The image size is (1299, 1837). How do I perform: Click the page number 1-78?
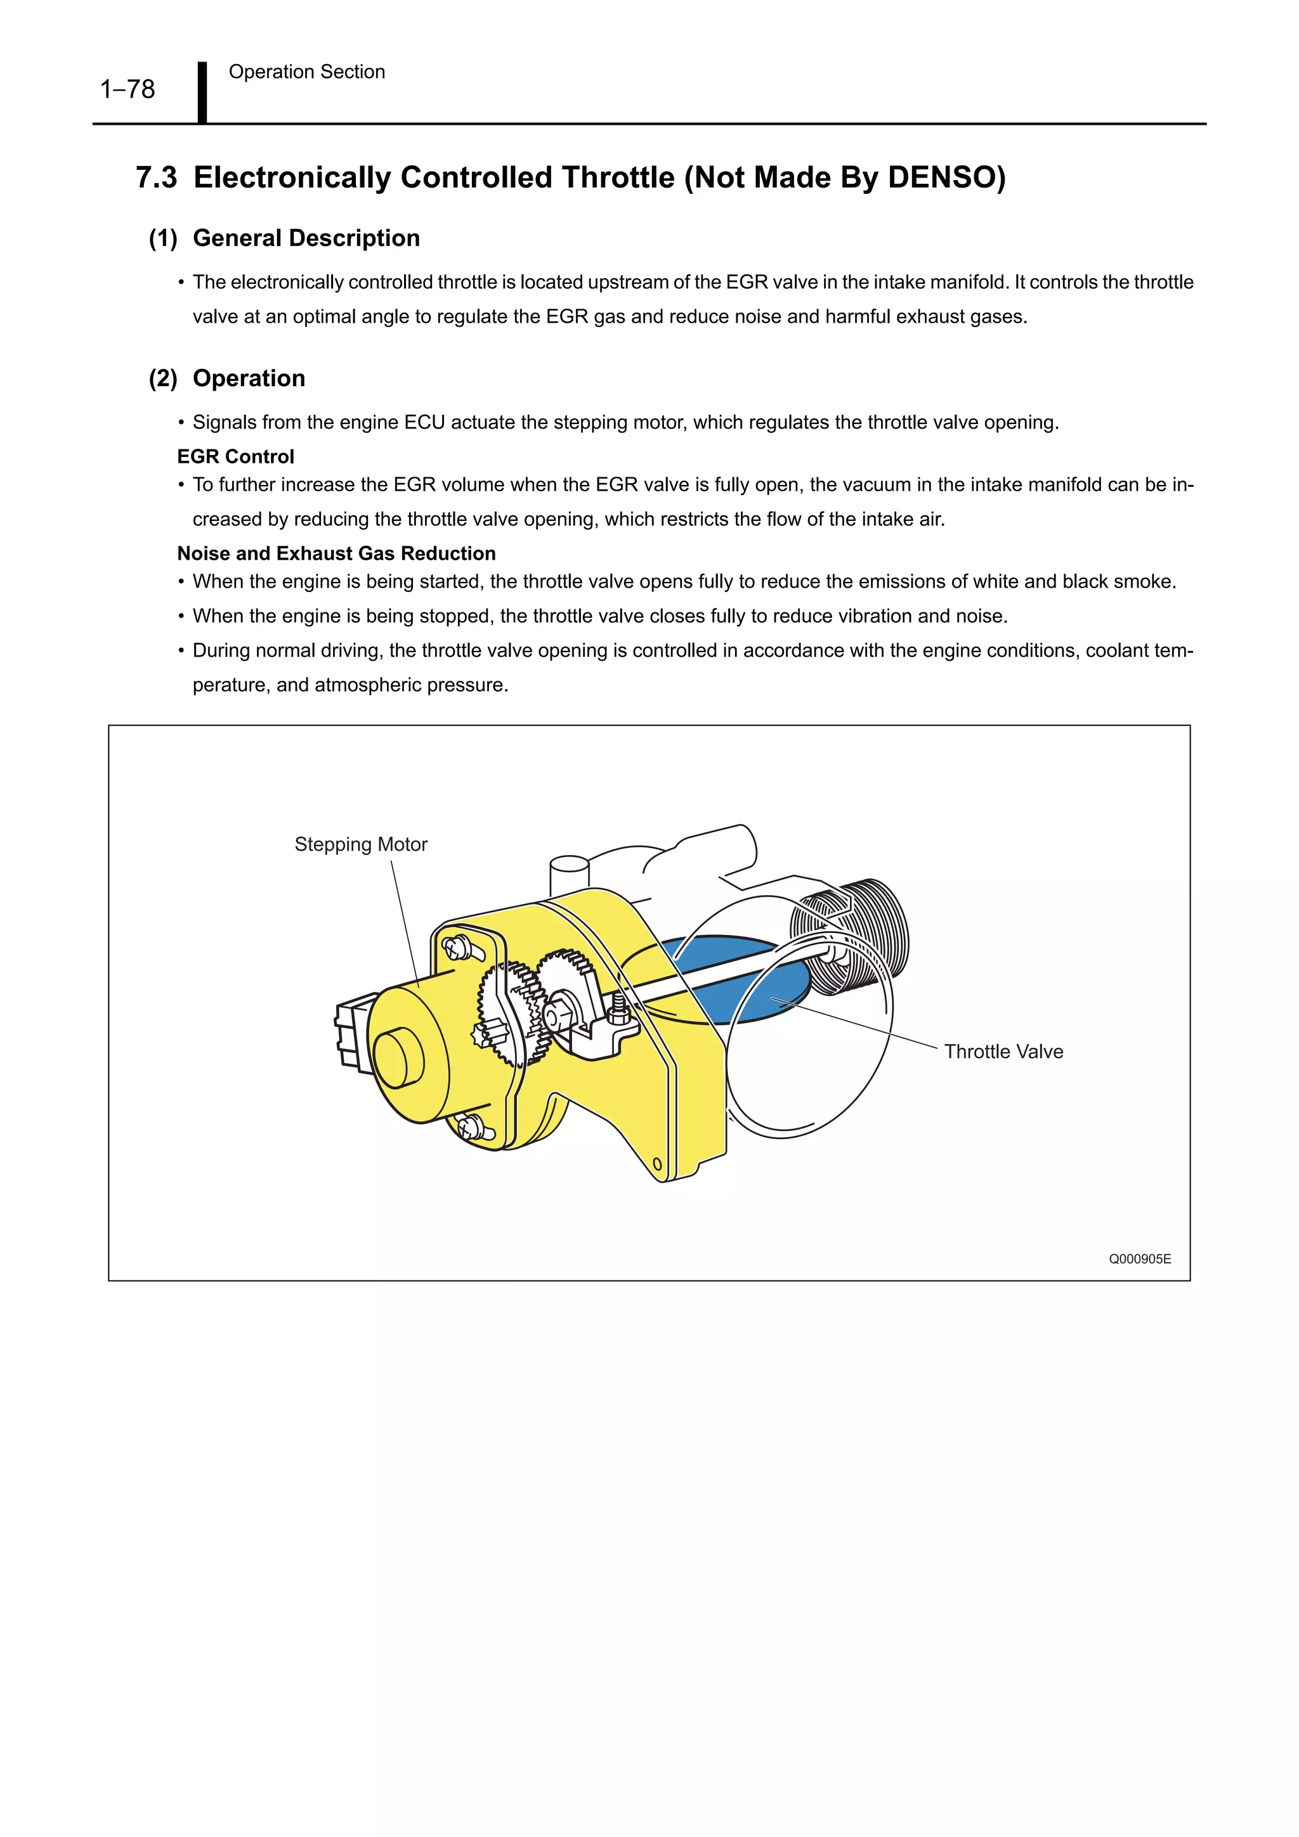click(127, 89)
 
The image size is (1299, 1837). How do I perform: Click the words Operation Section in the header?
click(306, 72)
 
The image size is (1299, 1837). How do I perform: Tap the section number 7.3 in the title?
click(156, 177)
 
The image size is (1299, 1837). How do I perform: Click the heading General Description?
click(306, 238)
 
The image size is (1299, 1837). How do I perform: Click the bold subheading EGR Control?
click(235, 457)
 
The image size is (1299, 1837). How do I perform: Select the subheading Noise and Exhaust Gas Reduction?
click(336, 553)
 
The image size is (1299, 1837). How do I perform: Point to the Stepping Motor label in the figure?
click(361, 845)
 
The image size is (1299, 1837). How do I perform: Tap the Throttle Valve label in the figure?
click(1003, 1052)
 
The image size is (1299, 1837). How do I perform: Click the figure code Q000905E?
click(1139, 1260)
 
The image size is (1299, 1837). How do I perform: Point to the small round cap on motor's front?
click(398, 1059)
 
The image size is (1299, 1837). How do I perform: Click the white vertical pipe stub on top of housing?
click(569, 876)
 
